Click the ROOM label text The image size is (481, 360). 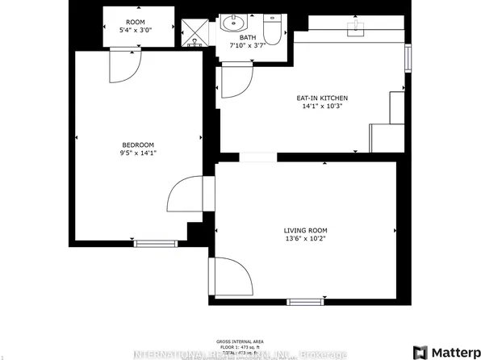135,22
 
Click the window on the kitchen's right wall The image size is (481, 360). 408,58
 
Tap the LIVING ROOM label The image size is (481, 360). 306,230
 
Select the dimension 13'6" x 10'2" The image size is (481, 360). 306,240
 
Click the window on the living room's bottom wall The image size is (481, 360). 303,301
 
